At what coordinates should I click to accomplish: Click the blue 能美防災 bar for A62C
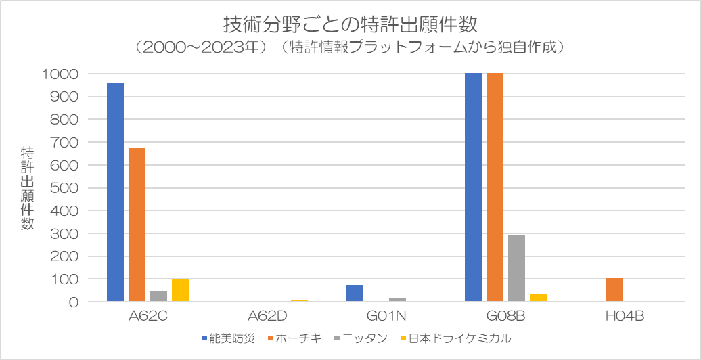click(115, 192)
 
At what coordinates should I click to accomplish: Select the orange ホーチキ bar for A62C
click(137, 225)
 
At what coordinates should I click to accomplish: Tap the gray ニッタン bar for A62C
click(158, 296)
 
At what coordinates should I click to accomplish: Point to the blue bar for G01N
click(354, 293)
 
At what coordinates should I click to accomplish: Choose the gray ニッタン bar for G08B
click(516, 268)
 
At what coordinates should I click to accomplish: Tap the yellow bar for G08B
click(538, 298)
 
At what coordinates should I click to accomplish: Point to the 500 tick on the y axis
click(65, 188)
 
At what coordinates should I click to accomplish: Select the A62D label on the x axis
click(268, 316)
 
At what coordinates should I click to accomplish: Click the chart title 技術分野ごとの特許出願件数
click(350, 24)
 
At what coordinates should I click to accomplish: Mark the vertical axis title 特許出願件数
click(27, 187)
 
